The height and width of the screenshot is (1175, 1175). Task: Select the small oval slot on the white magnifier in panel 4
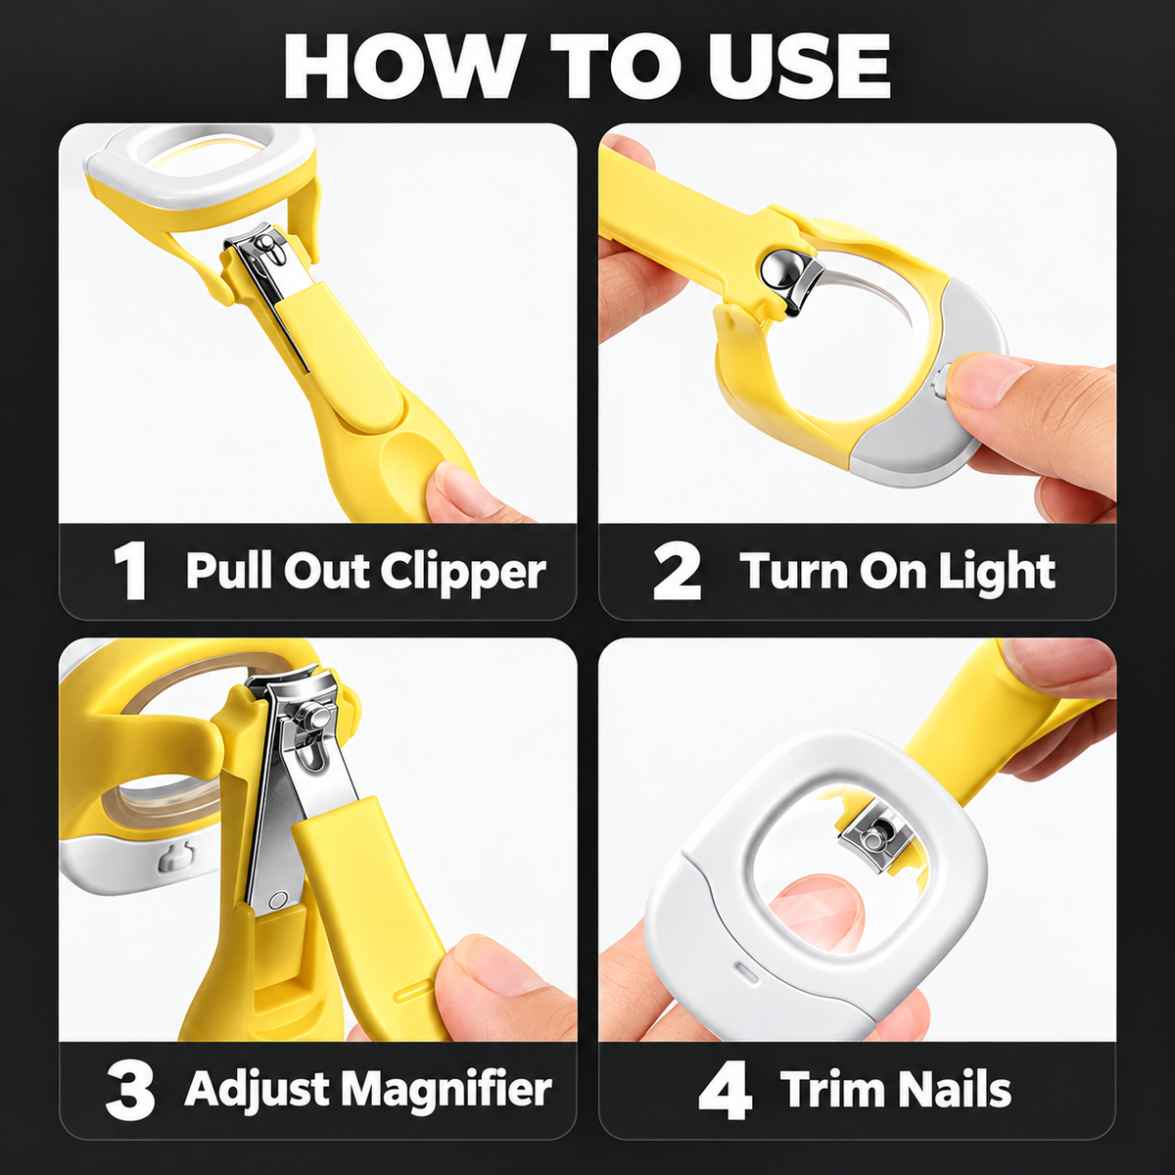click(x=747, y=972)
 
